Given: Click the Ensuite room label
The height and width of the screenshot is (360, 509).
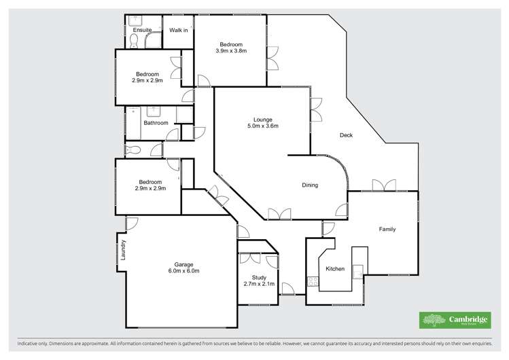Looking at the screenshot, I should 143,31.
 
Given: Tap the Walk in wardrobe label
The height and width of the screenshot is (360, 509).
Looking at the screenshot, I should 179,31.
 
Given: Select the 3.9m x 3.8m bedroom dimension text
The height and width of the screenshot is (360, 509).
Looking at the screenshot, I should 231,51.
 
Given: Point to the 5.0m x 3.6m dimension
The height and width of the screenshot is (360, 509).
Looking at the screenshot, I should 262,126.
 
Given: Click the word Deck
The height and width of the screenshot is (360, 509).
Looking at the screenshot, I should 346,135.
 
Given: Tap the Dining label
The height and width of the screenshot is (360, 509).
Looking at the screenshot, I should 310,185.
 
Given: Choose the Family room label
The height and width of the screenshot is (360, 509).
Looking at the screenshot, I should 387,229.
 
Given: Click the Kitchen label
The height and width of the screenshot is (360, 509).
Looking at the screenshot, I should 335,269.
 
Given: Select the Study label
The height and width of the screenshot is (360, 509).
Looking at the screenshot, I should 258,276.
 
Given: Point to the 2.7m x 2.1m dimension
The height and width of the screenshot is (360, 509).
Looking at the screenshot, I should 258,283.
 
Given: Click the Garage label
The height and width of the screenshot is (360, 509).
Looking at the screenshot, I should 183,264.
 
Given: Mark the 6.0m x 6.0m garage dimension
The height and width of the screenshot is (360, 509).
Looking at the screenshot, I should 183,271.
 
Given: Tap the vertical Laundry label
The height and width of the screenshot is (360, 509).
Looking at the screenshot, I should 124,249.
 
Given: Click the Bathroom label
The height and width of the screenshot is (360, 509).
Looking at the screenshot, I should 156,123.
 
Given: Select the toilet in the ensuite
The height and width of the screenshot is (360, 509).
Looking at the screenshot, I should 135,43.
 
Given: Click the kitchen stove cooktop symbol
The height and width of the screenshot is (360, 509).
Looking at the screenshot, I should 313,281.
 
